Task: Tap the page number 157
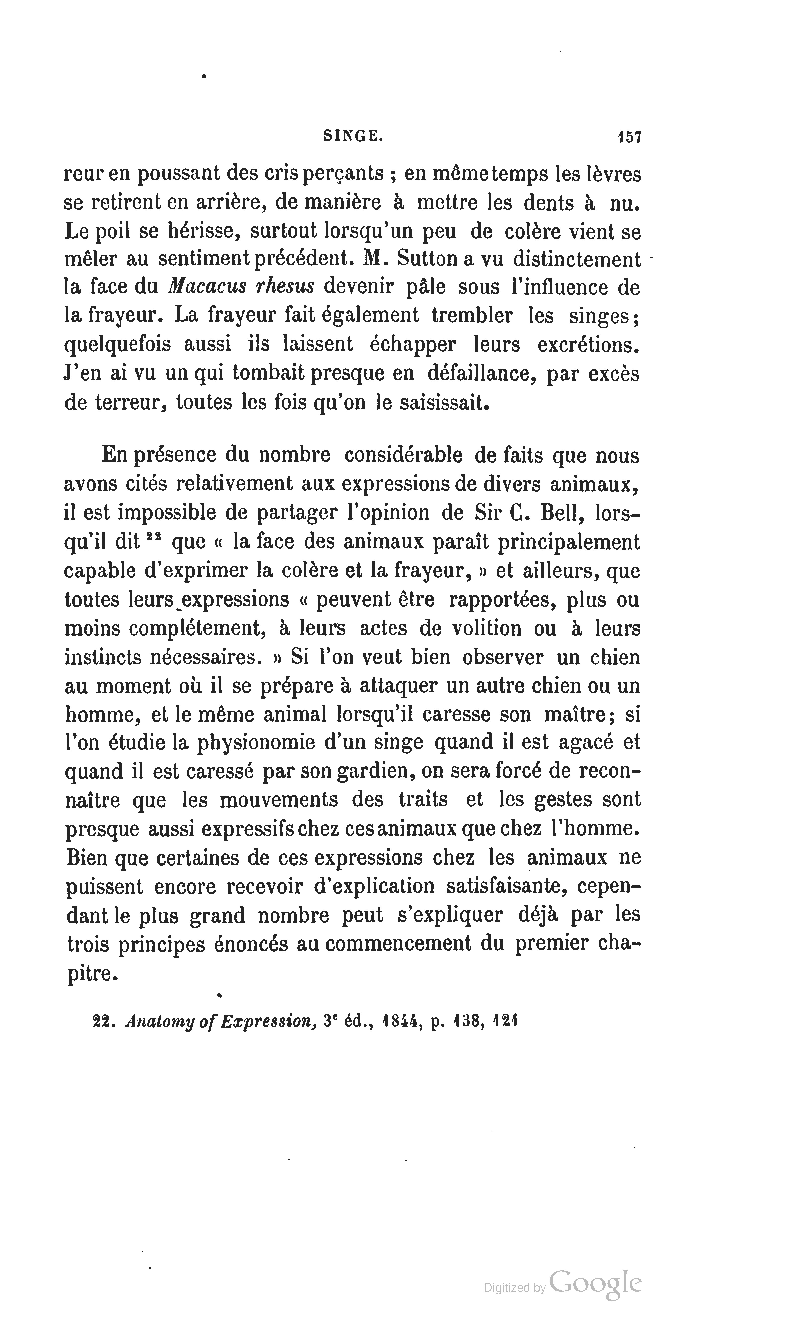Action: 629,137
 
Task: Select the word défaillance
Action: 480,374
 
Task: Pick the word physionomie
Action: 257,742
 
